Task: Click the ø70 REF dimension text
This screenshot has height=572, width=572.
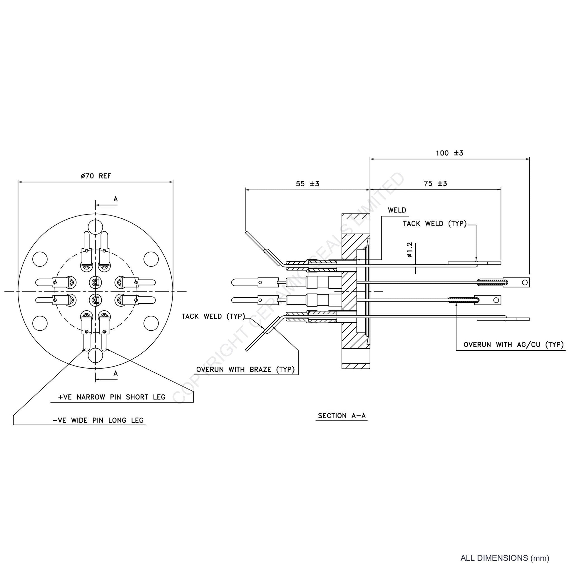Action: [x=96, y=176]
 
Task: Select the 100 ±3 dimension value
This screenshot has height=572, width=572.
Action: [x=449, y=153]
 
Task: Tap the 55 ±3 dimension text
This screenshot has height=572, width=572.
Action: [x=308, y=184]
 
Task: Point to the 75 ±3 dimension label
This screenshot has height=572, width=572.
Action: [x=435, y=183]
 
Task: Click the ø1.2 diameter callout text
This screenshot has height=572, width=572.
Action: [x=410, y=250]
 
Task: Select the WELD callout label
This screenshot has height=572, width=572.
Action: [x=397, y=210]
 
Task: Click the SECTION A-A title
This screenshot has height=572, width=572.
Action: [x=342, y=416]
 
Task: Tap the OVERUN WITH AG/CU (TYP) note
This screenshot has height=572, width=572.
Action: [x=514, y=344]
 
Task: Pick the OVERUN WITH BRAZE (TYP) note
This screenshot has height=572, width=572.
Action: [x=245, y=369]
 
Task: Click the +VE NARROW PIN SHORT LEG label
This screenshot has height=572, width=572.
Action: [x=112, y=397]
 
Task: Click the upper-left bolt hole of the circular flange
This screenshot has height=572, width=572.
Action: [x=40, y=259]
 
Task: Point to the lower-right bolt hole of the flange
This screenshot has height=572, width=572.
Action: [x=151, y=323]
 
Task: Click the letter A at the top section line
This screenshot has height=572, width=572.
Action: [x=116, y=199]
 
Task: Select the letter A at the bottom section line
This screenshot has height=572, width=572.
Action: [x=116, y=373]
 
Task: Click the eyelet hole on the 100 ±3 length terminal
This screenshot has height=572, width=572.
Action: [x=525, y=282]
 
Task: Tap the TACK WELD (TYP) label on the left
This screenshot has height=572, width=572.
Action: [x=213, y=317]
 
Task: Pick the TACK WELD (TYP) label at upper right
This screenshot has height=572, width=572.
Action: [x=435, y=223]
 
